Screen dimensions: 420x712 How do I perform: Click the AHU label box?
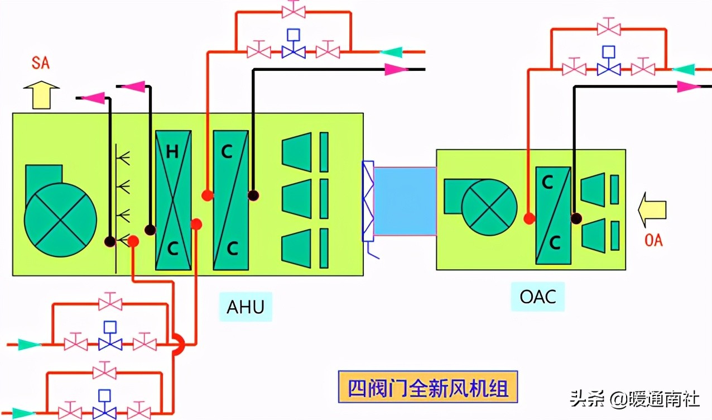[x=246, y=307]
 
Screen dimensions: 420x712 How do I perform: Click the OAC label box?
[x=538, y=296]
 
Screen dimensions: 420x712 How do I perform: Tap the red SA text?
[x=40, y=63]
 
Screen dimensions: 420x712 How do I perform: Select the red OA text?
[x=653, y=241]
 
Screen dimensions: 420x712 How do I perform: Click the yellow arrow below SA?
[x=41, y=94]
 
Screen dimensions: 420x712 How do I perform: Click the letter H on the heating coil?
[x=172, y=152]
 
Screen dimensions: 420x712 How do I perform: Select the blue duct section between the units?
[x=405, y=201]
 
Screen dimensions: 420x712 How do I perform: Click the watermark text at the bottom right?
[x=634, y=399]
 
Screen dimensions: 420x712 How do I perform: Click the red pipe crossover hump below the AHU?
[x=178, y=345]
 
